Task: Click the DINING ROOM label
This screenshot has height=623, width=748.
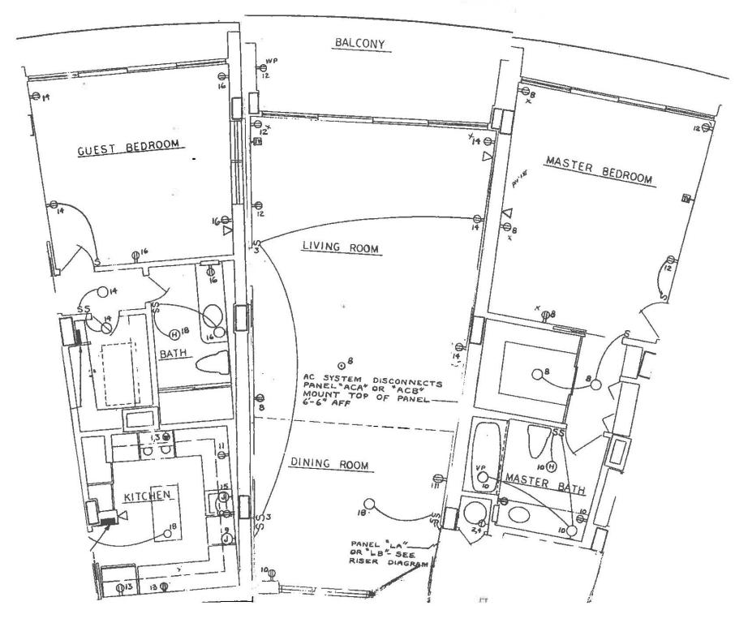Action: (329, 465)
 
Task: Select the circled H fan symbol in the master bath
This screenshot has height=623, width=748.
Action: (551, 466)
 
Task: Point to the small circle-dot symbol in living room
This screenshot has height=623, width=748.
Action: (342, 362)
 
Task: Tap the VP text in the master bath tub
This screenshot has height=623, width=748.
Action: (479, 467)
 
